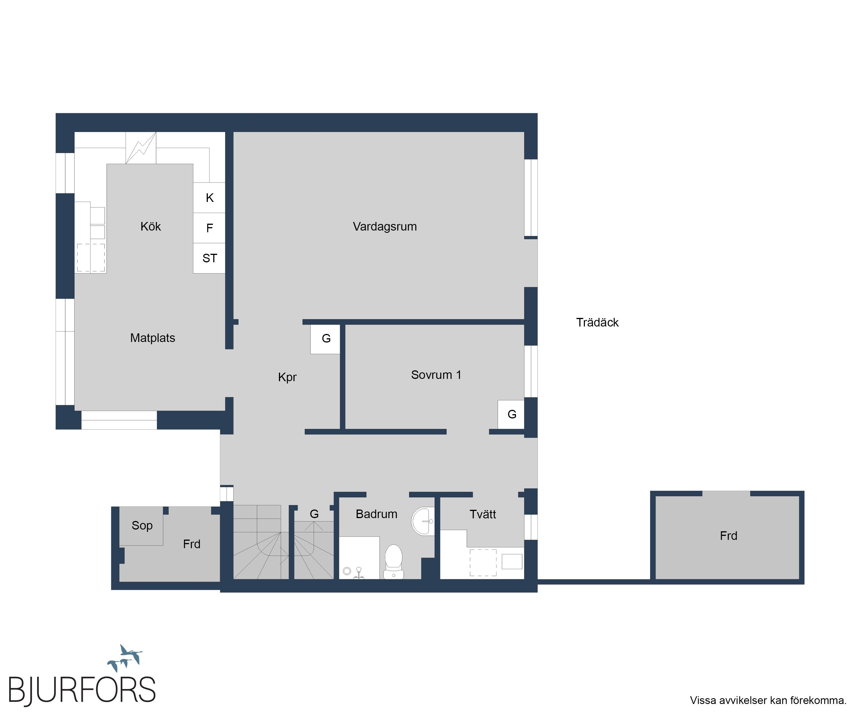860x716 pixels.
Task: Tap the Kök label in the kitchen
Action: click(x=151, y=226)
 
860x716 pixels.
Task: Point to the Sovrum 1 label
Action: click(x=436, y=375)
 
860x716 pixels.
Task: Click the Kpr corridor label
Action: click(x=287, y=377)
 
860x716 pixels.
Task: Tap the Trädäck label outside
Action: click(x=597, y=322)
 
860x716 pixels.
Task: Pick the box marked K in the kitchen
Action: click(x=209, y=198)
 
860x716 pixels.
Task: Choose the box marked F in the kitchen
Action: click(x=209, y=228)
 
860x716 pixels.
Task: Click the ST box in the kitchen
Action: click(x=209, y=258)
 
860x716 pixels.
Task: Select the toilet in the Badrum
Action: click(x=394, y=561)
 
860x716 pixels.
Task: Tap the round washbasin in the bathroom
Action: click(x=423, y=521)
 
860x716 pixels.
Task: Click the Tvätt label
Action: click(x=483, y=514)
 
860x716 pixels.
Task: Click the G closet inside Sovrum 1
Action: click(x=511, y=414)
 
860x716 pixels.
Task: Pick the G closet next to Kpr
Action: click(x=326, y=339)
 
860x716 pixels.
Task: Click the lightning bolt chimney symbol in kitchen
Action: click(x=141, y=148)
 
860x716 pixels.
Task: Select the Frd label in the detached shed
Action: click(x=728, y=536)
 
